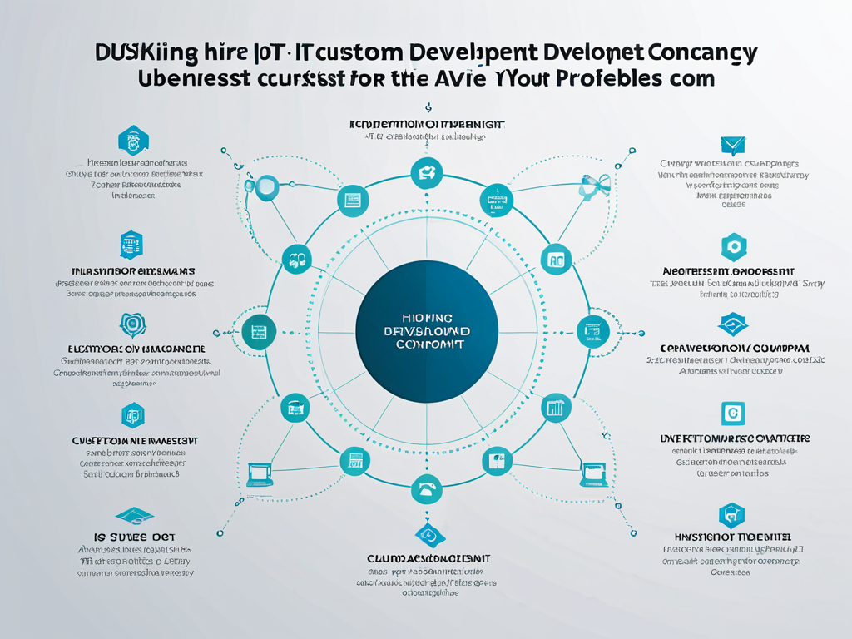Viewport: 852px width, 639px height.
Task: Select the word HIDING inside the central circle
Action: click(x=426, y=318)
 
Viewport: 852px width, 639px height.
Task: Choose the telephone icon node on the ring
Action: click(x=426, y=490)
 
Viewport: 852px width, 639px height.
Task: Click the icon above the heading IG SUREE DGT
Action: click(x=134, y=515)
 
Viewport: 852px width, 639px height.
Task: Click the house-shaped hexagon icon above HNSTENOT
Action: click(x=731, y=515)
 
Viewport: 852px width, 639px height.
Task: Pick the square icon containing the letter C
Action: click(x=731, y=413)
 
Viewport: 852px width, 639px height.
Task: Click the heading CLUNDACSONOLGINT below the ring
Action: click(x=428, y=558)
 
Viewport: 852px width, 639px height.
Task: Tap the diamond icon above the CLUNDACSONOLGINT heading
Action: click(x=426, y=535)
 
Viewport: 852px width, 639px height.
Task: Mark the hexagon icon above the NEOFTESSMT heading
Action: click(x=733, y=246)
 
